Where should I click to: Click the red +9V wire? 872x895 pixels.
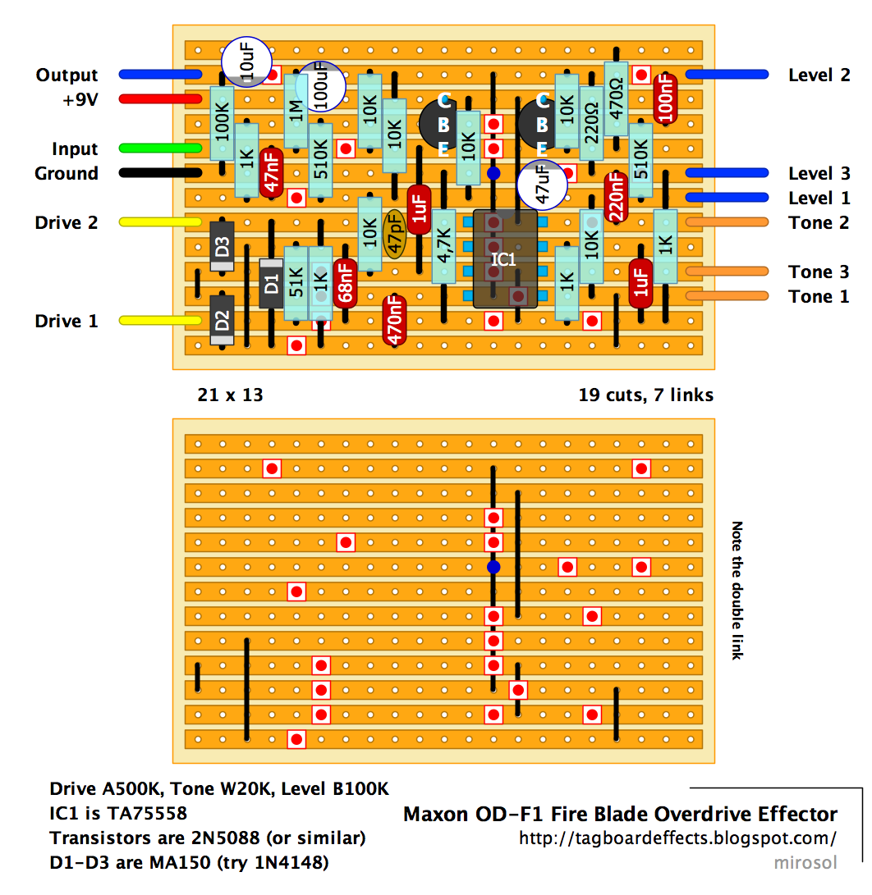pos(160,99)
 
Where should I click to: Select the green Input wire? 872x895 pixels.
pos(160,148)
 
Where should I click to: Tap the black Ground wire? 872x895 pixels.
pos(160,173)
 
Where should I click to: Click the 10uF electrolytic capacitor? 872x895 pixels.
pos(247,60)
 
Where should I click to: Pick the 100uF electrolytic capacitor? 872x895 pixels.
pos(321,86)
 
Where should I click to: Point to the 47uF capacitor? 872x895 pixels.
pos(542,184)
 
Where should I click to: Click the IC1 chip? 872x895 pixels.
pos(504,259)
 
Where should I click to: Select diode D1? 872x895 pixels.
pos(271,284)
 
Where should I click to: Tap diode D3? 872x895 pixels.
pos(222,246)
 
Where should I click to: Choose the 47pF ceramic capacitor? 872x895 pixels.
pos(395,235)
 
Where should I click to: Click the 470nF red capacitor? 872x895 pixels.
pos(395,320)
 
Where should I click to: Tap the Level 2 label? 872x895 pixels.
pos(819,75)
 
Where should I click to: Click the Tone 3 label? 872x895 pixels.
pos(819,272)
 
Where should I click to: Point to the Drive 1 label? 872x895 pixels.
pos(66,322)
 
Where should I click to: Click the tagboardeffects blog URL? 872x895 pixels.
pos(677,839)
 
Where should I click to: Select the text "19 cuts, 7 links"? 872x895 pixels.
pos(645,395)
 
